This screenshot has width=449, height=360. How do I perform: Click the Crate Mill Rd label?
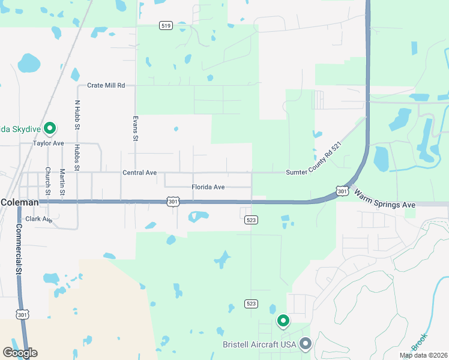coord(106,86)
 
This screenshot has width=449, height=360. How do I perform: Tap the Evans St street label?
coord(136,128)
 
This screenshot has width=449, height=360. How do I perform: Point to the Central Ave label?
coord(139,173)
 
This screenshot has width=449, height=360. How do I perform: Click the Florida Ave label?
coord(208,187)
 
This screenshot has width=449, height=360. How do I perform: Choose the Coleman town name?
coord(19,203)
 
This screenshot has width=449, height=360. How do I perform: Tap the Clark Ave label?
coord(39,220)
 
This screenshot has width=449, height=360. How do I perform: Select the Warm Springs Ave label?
coord(385,200)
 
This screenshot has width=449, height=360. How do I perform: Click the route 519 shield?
coord(166,25)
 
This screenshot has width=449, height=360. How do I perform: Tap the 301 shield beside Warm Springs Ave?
coord(342,191)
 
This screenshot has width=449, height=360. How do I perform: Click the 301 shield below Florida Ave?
coord(172,202)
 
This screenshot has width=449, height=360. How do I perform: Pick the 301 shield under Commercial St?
coord(22,314)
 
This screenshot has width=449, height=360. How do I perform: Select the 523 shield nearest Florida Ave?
coord(252,220)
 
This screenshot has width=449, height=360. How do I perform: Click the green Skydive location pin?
coord(50,128)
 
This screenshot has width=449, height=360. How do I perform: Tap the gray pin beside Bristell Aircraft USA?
coord(306,344)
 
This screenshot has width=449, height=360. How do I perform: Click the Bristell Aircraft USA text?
coord(259,344)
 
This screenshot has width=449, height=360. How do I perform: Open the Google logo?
coord(20,353)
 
